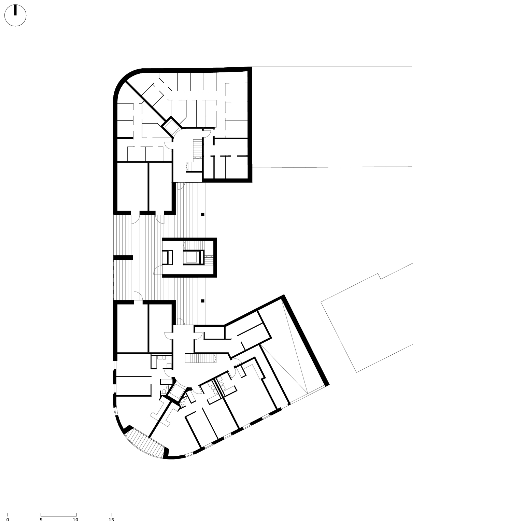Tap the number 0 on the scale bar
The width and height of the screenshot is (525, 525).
[x=8, y=520]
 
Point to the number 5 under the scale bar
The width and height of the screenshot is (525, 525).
[x=41, y=520]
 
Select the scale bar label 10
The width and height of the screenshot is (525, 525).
[x=75, y=520]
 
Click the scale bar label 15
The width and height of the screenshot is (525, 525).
[x=111, y=520]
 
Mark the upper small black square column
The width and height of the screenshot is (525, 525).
[x=202, y=214]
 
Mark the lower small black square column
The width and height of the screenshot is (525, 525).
[x=202, y=301]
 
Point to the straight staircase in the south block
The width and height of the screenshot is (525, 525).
[x=200, y=358]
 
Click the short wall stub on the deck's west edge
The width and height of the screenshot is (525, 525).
[x=123, y=257]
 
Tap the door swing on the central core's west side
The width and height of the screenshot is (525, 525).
[x=158, y=270]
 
